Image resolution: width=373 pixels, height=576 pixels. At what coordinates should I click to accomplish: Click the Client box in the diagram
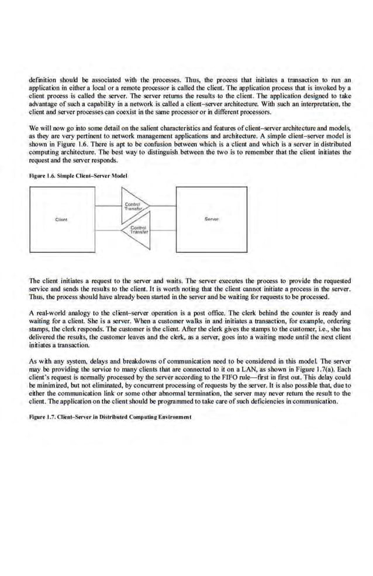coord(61,220)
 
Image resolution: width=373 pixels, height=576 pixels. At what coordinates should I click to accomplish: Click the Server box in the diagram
coord(211,220)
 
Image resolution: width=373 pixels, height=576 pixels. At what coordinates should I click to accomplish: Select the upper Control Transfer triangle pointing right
coord(133,206)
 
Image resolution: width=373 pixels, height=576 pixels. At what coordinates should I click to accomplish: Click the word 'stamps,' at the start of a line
coord(39,330)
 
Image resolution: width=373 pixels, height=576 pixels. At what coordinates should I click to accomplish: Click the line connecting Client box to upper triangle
coord(108,206)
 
